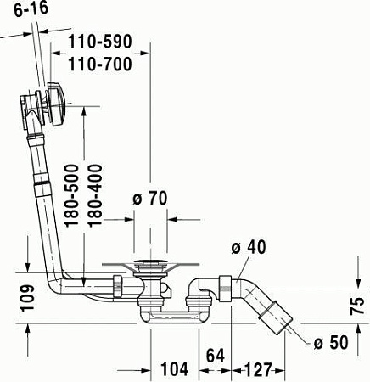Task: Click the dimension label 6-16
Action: tap(23, 10)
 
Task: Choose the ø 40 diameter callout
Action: tap(249, 247)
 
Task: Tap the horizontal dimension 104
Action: tap(175, 370)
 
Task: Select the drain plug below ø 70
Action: tap(151, 270)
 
